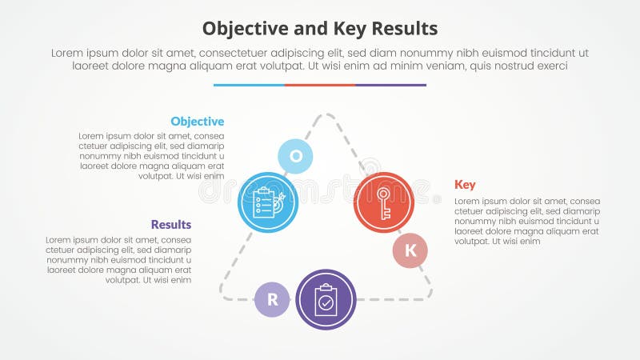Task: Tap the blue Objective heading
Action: [x=197, y=122]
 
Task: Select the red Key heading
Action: [x=465, y=185]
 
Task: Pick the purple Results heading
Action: [x=171, y=225]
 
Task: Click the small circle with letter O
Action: [x=295, y=156]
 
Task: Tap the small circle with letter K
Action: [x=410, y=250]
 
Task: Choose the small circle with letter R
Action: [x=272, y=300]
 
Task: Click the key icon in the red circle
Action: [x=384, y=202]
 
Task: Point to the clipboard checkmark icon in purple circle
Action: [x=326, y=300]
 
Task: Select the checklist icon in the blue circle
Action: [x=268, y=202]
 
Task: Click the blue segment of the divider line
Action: [x=249, y=84]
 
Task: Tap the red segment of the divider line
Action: [x=319, y=84]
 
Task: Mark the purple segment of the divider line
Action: [x=390, y=84]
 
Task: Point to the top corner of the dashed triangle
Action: [x=326, y=115]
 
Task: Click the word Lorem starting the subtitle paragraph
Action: [x=67, y=52]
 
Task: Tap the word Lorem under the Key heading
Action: [x=470, y=201]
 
